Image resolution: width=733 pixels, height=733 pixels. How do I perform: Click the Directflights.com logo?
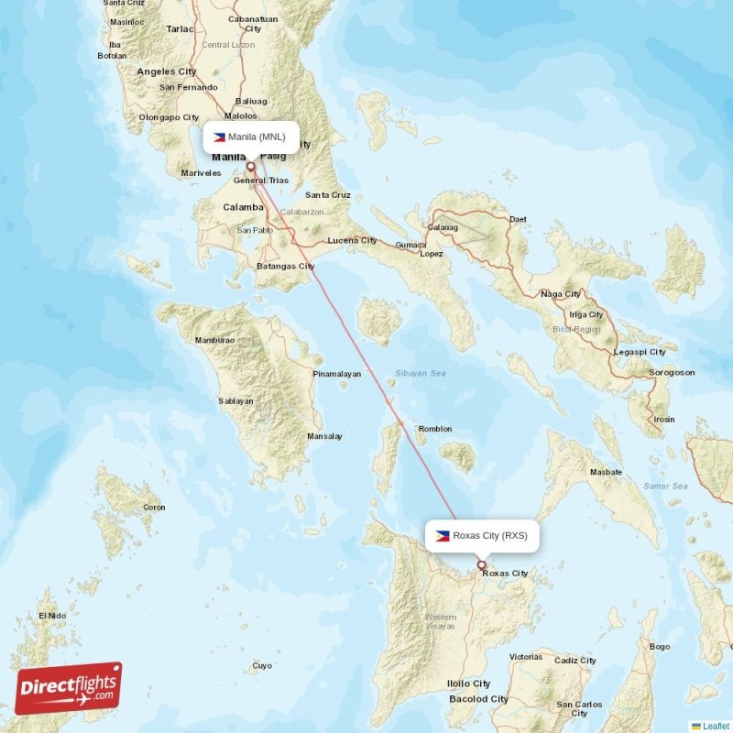(69, 688)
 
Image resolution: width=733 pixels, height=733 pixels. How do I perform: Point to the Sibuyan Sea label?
(420, 374)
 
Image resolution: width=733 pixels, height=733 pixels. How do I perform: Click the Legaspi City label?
(639, 352)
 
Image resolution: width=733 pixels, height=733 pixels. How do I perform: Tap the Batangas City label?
(285, 266)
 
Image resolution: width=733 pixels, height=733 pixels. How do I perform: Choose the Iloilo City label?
(468, 684)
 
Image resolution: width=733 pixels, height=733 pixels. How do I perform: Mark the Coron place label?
(153, 508)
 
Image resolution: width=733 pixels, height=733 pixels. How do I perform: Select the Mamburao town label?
(214, 340)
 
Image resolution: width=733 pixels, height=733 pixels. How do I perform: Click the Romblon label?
(435, 429)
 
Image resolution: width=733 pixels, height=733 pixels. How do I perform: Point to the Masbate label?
(606, 472)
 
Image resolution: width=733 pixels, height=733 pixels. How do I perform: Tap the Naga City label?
(561, 294)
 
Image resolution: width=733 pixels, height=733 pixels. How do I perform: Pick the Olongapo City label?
(168, 117)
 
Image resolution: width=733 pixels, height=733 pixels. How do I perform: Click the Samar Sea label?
(665, 486)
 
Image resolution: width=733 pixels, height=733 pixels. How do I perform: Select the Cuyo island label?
(262, 666)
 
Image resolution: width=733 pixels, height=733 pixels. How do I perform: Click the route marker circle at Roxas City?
(482, 565)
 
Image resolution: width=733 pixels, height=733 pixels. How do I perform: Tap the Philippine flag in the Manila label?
(219, 137)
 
